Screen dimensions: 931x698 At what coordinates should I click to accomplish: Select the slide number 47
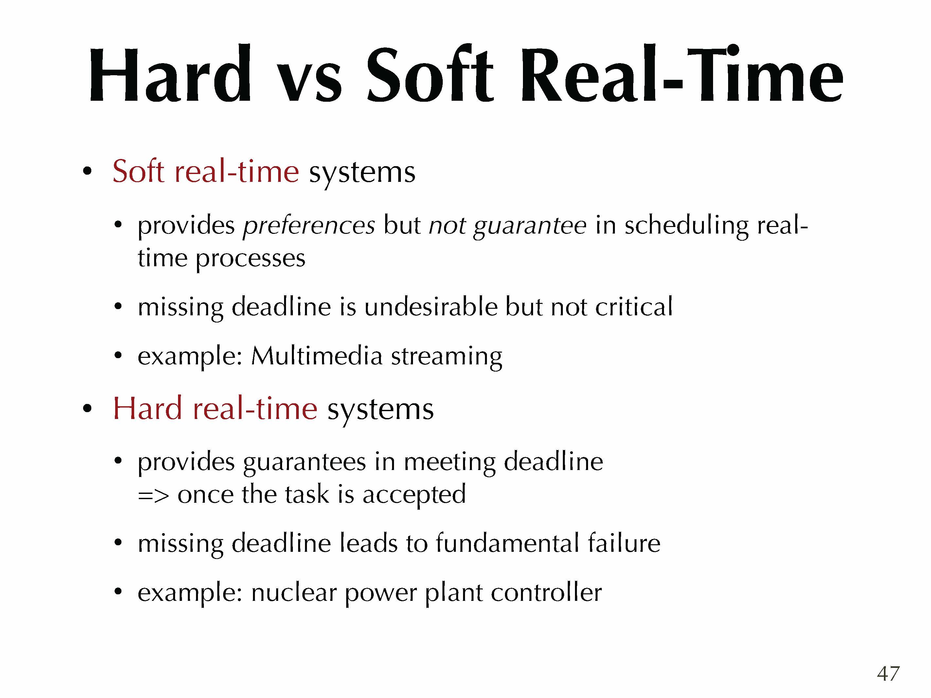888,673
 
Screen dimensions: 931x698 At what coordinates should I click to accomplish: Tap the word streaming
447,358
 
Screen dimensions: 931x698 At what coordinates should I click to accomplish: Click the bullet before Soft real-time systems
87,172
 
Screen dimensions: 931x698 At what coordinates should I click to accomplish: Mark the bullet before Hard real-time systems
87,408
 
